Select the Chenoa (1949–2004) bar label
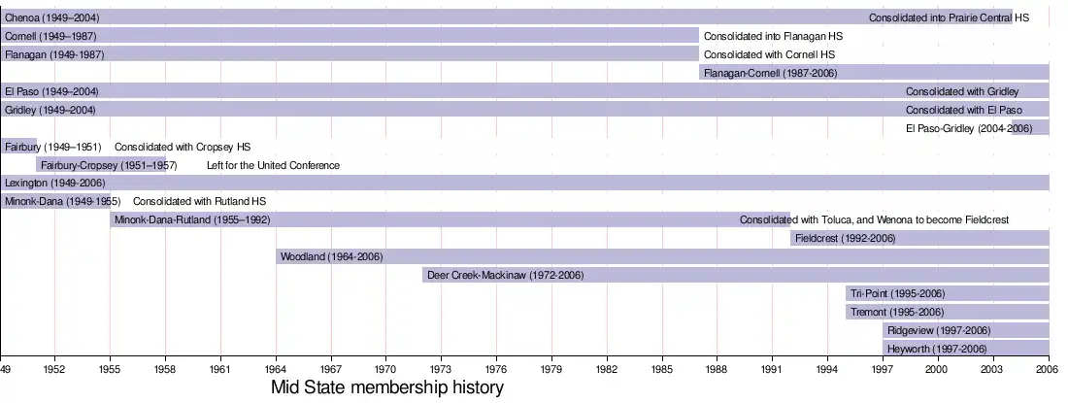click(x=51, y=17)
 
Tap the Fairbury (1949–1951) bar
click(x=19, y=147)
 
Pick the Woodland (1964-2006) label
click(x=331, y=257)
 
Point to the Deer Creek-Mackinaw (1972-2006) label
click(x=505, y=276)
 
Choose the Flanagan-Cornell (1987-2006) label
click(x=770, y=73)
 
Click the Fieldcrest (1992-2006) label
click(x=845, y=239)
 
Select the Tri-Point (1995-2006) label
click(x=897, y=294)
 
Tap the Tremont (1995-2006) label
click(x=896, y=313)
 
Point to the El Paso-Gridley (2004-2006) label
click(x=969, y=128)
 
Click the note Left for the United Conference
click(x=273, y=165)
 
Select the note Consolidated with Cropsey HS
click(x=183, y=147)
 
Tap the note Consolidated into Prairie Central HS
click(x=949, y=17)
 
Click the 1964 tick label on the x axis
click(x=276, y=370)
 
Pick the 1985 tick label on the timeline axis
click(x=662, y=370)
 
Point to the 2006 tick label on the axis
click(x=1049, y=370)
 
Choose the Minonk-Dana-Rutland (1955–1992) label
click(x=192, y=220)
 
